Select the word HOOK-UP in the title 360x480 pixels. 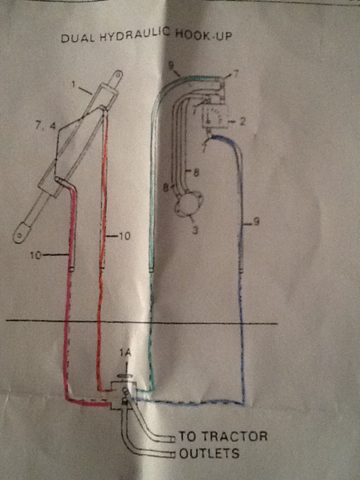pos(203,35)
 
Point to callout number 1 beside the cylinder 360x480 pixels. pos(73,84)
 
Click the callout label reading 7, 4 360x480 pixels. pos(46,125)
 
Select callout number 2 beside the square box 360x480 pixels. pos(242,122)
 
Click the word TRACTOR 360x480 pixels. pos(232,436)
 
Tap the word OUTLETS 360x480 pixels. pos(209,453)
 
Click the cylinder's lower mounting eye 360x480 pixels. pos(20,234)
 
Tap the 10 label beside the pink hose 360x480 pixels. pos(35,255)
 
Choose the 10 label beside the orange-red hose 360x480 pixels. pos(124,236)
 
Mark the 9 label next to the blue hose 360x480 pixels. pos(257,221)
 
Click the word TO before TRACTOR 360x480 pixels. pos(185,436)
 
